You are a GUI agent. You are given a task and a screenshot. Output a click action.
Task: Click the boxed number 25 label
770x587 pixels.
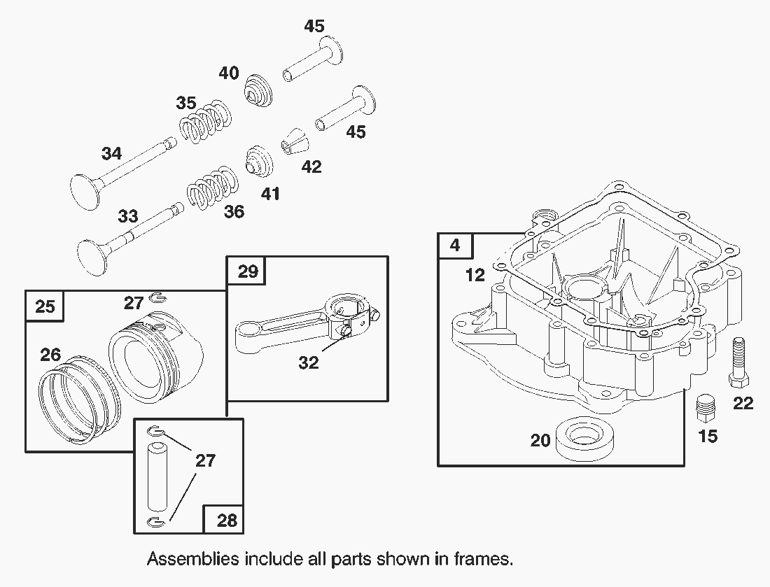(x=45, y=307)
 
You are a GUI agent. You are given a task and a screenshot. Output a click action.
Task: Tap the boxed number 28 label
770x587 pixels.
(x=227, y=520)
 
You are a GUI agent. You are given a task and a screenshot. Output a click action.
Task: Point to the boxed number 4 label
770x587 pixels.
(x=455, y=246)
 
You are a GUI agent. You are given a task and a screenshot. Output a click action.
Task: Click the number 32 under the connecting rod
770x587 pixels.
(x=308, y=362)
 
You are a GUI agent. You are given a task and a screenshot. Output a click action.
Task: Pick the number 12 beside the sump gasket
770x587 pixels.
(x=475, y=275)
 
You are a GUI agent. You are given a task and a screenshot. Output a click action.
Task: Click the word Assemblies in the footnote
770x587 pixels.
(x=190, y=559)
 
